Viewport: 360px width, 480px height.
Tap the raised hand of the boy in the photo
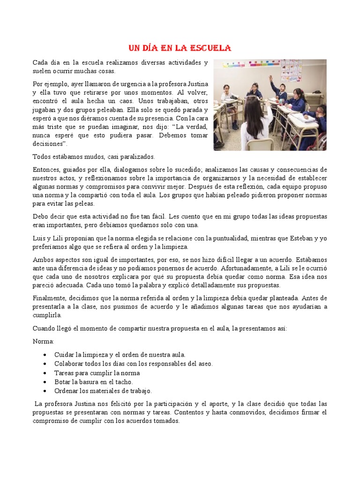tap(271, 77)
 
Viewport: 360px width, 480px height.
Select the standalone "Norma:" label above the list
tap(44, 341)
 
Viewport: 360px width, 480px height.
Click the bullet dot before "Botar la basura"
tap(44, 382)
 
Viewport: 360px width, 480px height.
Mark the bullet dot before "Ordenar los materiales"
tap(44, 391)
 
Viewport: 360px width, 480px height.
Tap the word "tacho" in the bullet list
tap(124, 382)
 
